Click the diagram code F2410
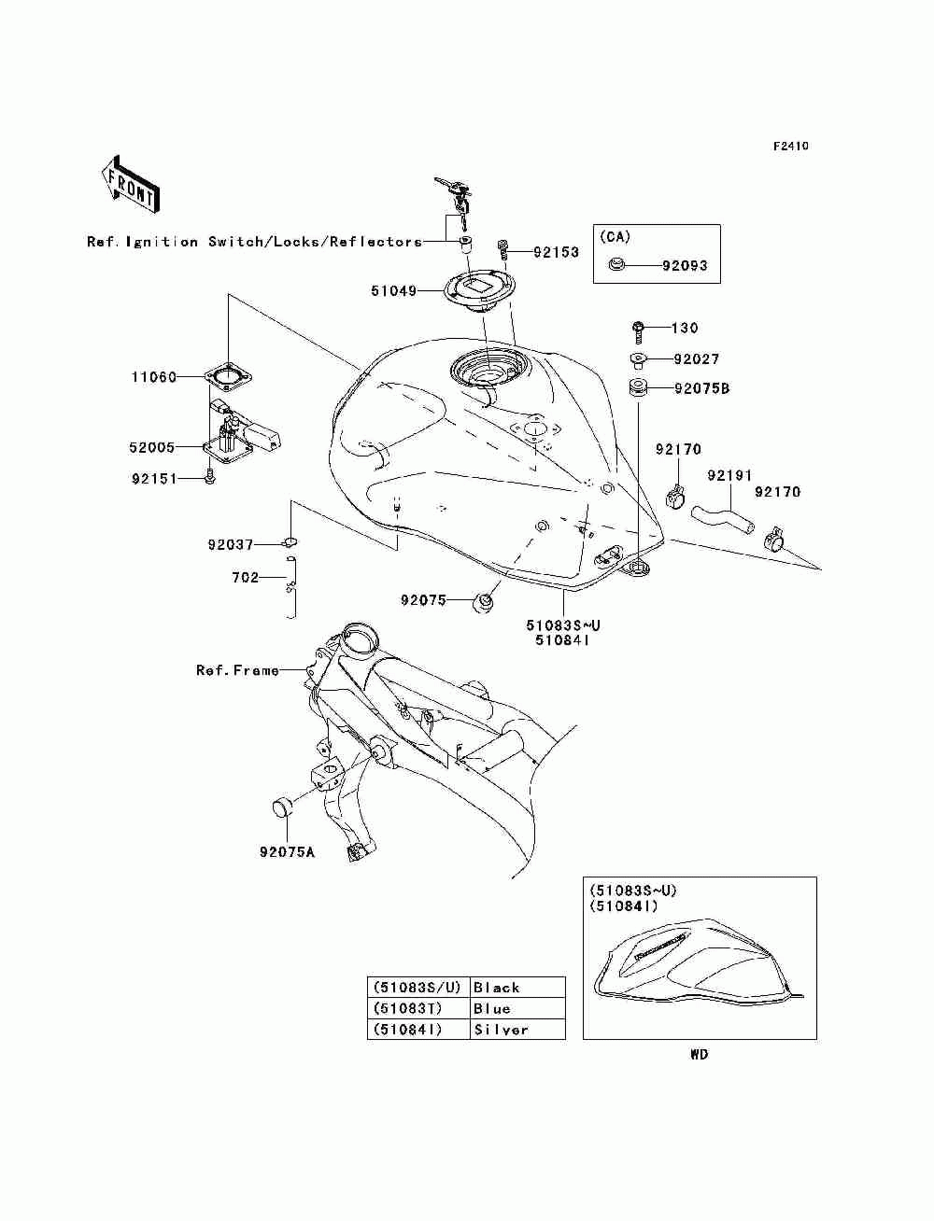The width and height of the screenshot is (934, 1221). coord(790,147)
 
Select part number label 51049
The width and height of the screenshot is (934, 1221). coord(393,291)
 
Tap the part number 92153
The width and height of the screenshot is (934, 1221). coord(556,252)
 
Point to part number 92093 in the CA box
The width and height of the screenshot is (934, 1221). coord(685,266)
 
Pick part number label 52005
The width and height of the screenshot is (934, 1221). coord(152,448)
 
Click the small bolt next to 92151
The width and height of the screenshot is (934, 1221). coord(209,478)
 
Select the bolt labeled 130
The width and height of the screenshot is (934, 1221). coord(639,328)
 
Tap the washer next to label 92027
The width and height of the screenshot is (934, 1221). coord(637,359)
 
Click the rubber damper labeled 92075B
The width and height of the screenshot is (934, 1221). coord(638,388)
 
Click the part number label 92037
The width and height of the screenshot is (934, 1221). coord(230,544)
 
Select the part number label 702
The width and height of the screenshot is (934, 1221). coord(245,578)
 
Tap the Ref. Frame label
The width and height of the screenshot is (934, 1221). coord(237,670)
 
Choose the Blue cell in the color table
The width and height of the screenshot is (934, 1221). coord(517,1008)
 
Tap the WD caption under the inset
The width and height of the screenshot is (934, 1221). coord(699,1055)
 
